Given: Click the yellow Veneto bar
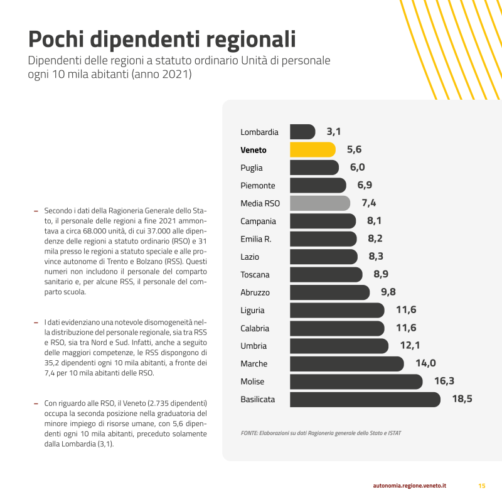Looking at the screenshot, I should [312, 150].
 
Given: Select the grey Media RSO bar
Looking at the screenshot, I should [320, 203].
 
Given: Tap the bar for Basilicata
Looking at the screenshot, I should [365, 399].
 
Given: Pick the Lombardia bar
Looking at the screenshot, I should [302, 132].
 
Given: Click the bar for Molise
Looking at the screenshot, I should [356, 382].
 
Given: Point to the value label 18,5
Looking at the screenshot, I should [462, 399].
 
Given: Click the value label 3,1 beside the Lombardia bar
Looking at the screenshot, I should [333, 132].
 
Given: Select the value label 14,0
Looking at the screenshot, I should [425, 363].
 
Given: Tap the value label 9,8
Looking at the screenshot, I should [384, 292].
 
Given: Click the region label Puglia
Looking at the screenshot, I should [252, 168].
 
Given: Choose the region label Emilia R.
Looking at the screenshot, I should [256, 239].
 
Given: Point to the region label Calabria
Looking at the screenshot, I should [255, 328].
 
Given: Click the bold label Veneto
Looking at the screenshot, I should [254, 150].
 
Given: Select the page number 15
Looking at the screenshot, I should [482, 486].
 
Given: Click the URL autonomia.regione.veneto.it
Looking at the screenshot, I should [409, 486].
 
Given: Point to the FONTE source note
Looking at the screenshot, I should [321, 433].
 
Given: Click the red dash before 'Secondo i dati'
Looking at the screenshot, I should [36, 210].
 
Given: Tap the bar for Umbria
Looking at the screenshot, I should [339, 346].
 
